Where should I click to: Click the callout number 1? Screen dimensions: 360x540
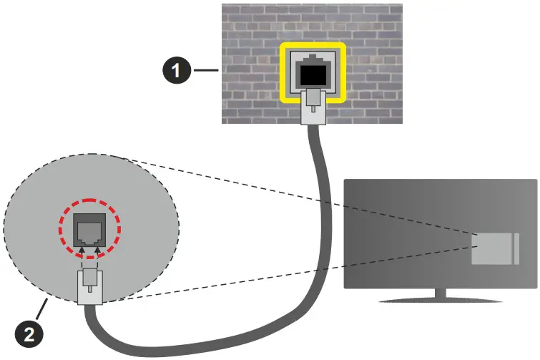176,70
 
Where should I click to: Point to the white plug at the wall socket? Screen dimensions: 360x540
312,105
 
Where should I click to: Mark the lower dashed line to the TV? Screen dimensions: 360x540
286,279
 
